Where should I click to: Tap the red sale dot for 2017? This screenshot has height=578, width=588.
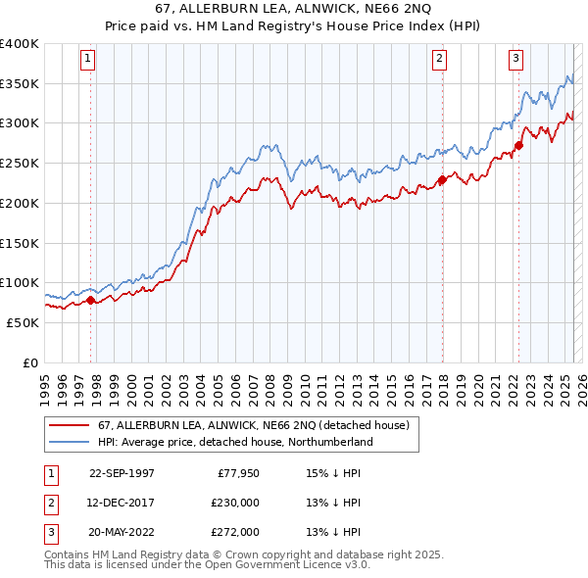click(442, 179)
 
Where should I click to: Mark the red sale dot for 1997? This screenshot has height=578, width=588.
click(91, 300)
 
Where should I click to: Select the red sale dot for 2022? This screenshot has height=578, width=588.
click(519, 146)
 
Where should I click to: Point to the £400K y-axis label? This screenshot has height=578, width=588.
click(19, 44)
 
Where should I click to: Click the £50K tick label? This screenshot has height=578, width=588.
click(23, 322)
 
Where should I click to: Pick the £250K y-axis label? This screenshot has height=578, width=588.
click(19, 164)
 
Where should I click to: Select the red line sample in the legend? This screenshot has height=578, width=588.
click(70, 425)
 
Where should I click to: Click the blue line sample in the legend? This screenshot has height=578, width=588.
click(70, 442)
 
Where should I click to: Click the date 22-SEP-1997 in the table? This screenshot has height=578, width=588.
click(122, 473)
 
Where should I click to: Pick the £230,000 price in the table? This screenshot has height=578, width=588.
click(234, 503)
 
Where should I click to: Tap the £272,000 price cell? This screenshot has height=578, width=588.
click(234, 532)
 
